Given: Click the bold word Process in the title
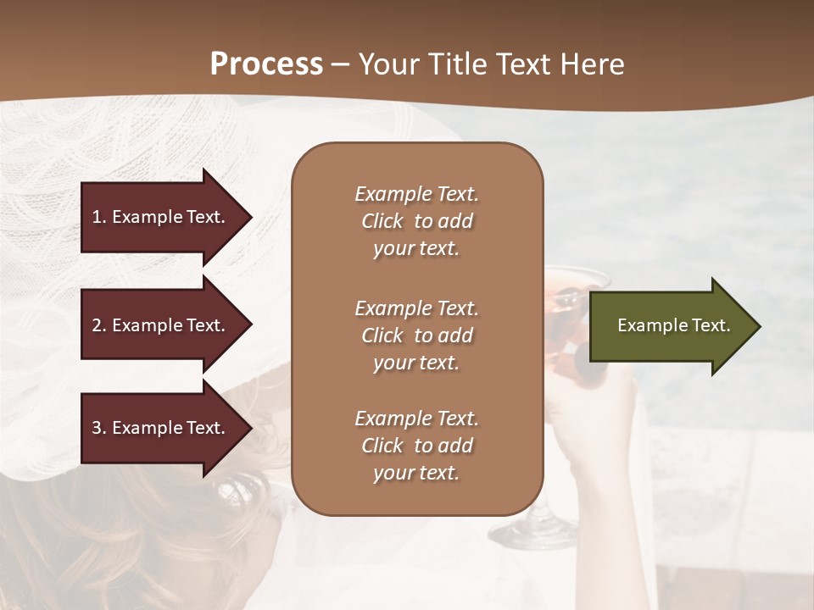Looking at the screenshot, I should [x=266, y=64].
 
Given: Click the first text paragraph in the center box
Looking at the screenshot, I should [x=416, y=221].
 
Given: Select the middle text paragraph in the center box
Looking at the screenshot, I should [x=416, y=335].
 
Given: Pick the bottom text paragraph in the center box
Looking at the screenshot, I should [x=416, y=446].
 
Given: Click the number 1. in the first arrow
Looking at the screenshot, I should [x=99, y=217].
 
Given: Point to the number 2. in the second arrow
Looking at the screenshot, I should [x=99, y=325].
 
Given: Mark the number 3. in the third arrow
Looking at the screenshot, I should [x=99, y=428].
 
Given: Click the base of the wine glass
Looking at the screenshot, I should [x=530, y=535].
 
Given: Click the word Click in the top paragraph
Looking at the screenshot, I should [x=382, y=221].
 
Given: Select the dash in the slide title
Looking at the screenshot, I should [x=340, y=64].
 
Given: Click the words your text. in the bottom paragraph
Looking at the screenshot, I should [x=416, y=473].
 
